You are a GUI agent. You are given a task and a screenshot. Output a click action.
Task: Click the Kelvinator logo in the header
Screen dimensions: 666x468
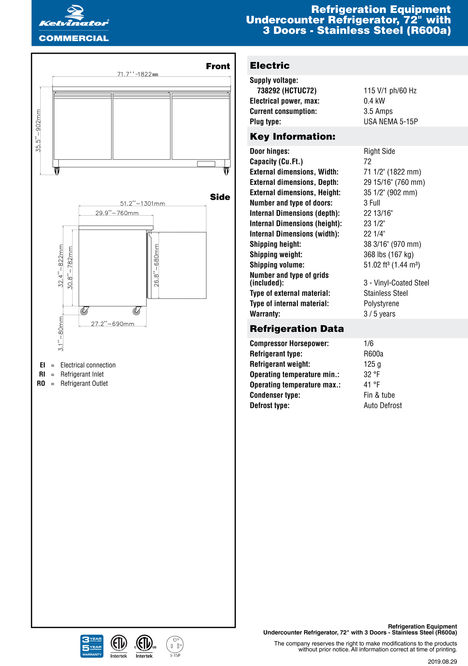pyautogui.click(x=74, y=24)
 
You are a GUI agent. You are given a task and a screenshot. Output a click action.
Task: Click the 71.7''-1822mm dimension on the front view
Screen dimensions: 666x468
pyautogui.click(x=138, y=74)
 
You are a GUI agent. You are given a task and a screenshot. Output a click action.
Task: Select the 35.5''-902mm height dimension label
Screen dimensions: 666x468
pyautogui.click(x=39, y=131)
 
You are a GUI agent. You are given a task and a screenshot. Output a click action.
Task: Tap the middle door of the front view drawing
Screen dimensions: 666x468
pyautogui.click(x=142, y=126)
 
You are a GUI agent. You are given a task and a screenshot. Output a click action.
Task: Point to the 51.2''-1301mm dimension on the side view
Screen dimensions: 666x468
pyautogui.click(x=143, y=203)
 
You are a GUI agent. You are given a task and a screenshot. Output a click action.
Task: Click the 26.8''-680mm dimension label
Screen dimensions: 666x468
pyautogui.click(x=156, y=265)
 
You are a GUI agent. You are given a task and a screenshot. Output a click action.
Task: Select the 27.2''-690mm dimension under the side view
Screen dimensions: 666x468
pyautogui.click(x=112, y=324)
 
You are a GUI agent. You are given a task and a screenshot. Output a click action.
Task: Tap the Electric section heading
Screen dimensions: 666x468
pyautogui.click(x=270, y=66)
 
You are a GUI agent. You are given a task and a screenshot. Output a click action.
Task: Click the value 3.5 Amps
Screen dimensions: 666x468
pyautogui.click(x=378, y=111)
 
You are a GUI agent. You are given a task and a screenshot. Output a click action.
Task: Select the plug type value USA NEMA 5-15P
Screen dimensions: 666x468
pyautogui.click(x=391, y=122)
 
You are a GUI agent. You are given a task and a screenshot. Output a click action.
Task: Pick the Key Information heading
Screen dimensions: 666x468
pyautogui.click(x=292, y=136)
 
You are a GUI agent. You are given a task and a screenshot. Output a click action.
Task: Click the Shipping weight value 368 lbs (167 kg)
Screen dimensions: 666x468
pyautogui.click(x=389, y=255)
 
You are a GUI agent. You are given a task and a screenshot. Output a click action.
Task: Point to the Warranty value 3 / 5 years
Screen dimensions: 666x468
pyautogui.click(x=379, y=314)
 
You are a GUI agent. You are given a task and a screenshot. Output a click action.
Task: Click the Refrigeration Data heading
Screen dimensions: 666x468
pyautogui.click(x=297, y=329)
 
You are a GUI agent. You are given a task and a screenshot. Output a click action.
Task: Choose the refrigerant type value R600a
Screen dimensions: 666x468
pyautogui.click(x=373, y=354)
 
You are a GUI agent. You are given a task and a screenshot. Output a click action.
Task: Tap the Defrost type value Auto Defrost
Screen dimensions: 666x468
pyautogui.click(x=382, y=406)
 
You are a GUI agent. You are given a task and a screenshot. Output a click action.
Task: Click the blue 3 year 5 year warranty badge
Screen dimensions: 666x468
pyautogui.click(x=92, y=646)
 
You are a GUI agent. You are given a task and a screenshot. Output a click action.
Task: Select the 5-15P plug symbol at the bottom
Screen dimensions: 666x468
pyautogui.click(x=175, y=646)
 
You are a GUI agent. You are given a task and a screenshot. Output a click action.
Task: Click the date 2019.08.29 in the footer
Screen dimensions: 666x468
pyautogui.click(x=442, y=662)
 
